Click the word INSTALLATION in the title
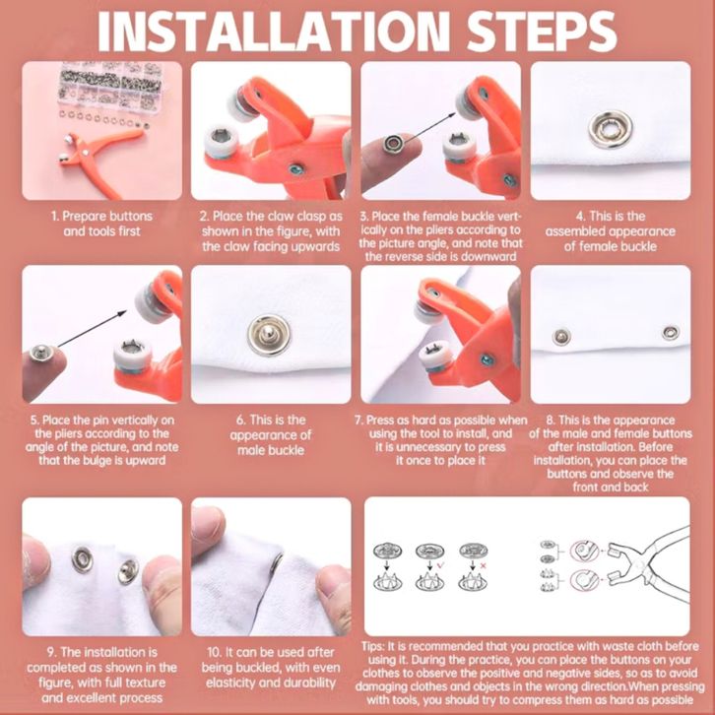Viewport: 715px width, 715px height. [274, 31]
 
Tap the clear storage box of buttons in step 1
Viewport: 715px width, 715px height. [110, 86]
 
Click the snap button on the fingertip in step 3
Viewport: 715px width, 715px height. [392, 143]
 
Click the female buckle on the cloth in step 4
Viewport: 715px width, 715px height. [611, 129]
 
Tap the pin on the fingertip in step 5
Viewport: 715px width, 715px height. [40, 352]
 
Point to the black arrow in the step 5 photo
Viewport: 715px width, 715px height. [93, 328]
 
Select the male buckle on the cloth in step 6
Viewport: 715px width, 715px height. [269, 335]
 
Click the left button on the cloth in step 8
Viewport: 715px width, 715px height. [561, 337]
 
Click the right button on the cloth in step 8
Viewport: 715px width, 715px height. [670, 333]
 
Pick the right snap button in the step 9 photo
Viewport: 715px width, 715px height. [128, 571]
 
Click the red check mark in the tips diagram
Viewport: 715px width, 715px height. [441, 566]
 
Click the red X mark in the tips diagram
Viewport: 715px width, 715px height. [484, 566]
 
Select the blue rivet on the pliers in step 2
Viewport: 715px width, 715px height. [296, 169]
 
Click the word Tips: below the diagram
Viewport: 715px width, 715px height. [373, 647]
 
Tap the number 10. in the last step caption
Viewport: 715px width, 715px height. [216, 653]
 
